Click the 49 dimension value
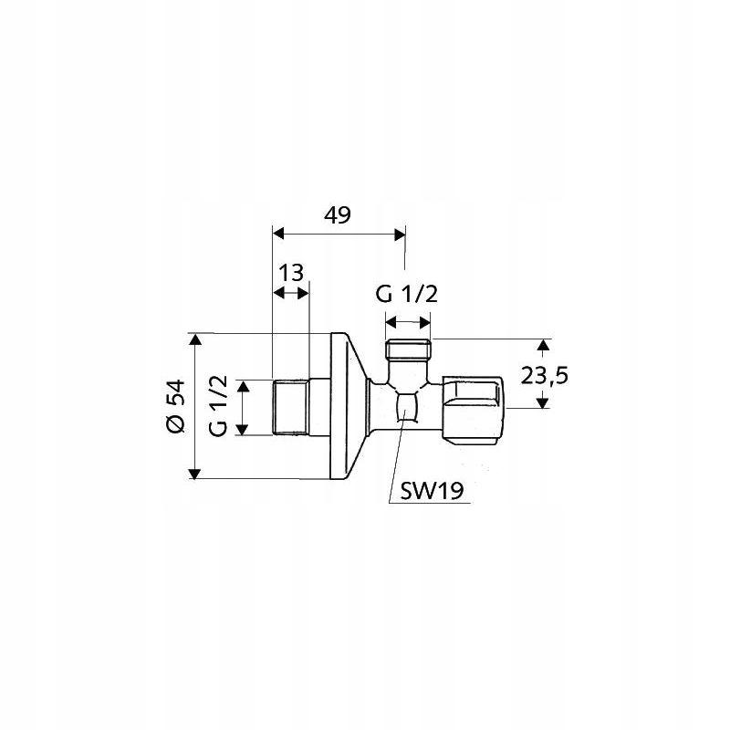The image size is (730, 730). pos(338,215)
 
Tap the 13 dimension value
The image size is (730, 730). pos(291,272)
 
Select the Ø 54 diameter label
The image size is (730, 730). pos(176,406)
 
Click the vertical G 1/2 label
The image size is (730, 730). pos(218,405)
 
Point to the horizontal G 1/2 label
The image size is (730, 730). pos(407,295)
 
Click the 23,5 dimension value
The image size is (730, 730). pos(544,376)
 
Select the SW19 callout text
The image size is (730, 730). pos(432,491)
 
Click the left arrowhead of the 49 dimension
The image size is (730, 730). pos(278,234)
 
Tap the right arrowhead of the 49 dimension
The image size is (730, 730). pos(400,235)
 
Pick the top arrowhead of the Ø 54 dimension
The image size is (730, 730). pos(195,339)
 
